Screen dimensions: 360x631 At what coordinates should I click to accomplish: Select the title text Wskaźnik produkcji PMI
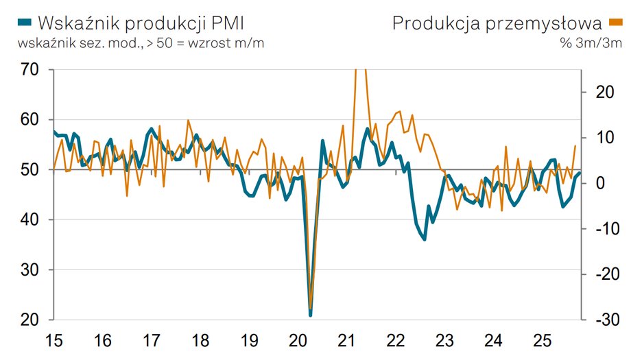(x=141, y=23)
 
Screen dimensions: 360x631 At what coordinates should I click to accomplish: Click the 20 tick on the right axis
(x=595, y=92)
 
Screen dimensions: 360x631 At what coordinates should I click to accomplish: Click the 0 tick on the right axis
(x=599, y=183)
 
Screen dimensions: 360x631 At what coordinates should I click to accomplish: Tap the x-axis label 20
(x=298, y=340)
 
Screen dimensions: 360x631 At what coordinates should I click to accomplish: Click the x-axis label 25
(x=542, y=340)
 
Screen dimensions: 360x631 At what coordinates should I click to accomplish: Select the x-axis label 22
(x=396, y=340)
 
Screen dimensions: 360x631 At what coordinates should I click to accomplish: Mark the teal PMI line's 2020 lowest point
(x=311, y=315)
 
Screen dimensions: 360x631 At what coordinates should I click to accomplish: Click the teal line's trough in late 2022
(x=425, y=239)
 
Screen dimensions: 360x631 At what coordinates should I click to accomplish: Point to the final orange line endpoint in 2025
(x=575, y=146)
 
